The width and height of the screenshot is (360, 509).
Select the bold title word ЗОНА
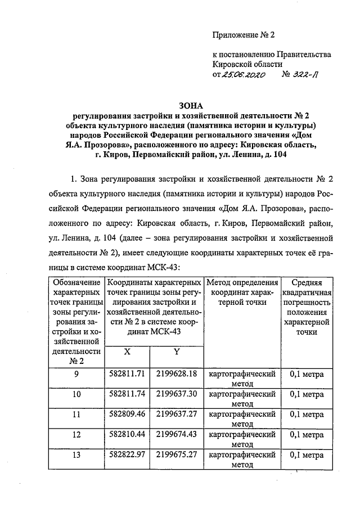pyautogui.click(x=190, y=105)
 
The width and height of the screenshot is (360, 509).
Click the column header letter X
pyautogui.click(x=127, y=353)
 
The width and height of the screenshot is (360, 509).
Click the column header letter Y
pyautogui.click(x=176, y=353)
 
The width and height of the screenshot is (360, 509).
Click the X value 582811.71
pyautogui.click(x=127, y=373)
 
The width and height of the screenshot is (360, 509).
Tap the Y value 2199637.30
pyautogui.click(x=176, y=394)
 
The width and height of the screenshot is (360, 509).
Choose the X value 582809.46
pyautogui.click(x=127, y=415)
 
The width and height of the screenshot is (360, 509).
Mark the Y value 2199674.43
pyautogui.click(x=176, y=435)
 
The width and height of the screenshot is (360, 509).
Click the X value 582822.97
pyautogui.click(x=127, y=455)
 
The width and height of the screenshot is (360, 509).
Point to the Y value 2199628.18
pyautogui.click(x=176, y=373)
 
